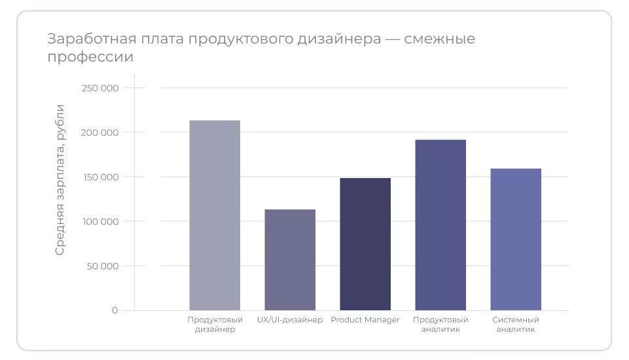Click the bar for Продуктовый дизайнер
(215, 215)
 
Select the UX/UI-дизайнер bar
(290, 260)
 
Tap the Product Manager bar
(365, 244)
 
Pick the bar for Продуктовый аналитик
(440, 225)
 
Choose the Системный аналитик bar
(516, 240)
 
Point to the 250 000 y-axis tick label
(99, 88)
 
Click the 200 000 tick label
(99, 132)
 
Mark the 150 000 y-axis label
(99, 177)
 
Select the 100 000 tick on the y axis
(99, 221)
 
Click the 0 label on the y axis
(115, 310)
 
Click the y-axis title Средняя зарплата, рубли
(60, 179)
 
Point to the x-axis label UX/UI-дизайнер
(290, 320)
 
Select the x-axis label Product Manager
(365, 320)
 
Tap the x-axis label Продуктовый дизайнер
(215, 325)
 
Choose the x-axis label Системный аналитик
(516, 325)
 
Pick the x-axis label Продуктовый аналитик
(440, 325)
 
